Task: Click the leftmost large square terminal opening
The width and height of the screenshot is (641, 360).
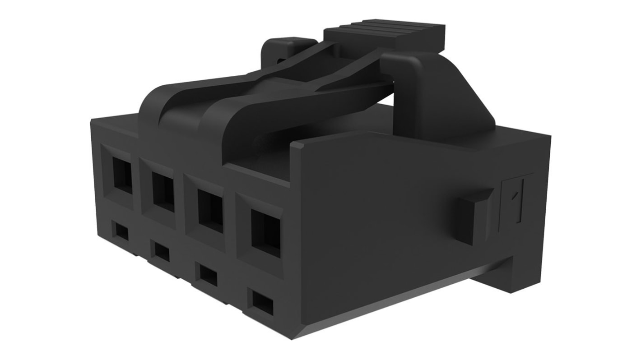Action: click(x=122, y=176)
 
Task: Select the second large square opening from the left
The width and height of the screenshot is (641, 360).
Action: click(x=163, y=192)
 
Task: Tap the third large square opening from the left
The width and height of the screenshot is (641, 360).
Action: click(x=210, y=211)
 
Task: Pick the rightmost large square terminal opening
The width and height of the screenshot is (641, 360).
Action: click(x=265, y=234)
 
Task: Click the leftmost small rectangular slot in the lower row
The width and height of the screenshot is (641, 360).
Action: click(x=121, y=232)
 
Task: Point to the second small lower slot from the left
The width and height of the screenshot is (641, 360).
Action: click(x=162, y=252)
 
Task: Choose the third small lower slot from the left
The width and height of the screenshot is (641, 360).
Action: click(x=208, y=275)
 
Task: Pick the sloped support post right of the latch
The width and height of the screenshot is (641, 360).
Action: click(x=433, y=95)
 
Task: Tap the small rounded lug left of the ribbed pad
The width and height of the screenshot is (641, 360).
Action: click(x=282, y=50)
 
